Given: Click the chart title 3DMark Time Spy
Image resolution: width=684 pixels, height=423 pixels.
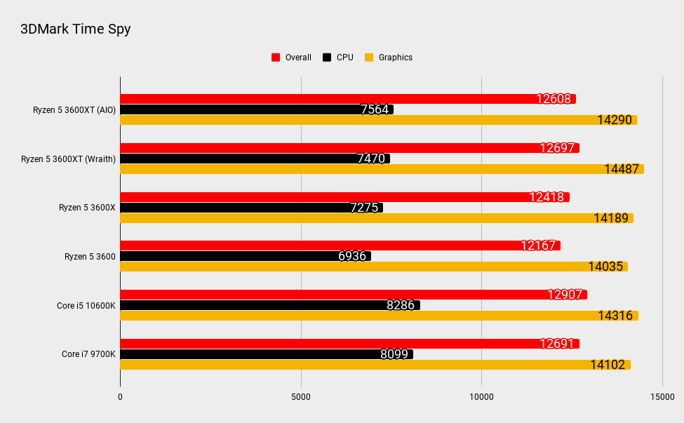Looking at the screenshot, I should (76, 29).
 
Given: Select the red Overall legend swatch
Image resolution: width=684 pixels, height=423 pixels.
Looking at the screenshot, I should (276, 58).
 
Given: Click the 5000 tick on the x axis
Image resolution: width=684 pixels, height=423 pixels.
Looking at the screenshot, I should (301, 397).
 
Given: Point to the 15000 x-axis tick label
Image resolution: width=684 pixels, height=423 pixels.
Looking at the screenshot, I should (662, 397).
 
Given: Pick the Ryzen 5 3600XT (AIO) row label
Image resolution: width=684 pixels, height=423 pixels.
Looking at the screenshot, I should (74, 109).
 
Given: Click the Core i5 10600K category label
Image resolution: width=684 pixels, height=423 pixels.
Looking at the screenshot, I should (86, 305).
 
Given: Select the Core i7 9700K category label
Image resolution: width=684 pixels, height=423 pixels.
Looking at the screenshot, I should (88, 354).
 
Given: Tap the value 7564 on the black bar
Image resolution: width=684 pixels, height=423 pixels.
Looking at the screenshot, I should (375, 109).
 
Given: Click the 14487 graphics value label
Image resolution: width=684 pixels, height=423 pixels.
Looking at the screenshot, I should (621, 169).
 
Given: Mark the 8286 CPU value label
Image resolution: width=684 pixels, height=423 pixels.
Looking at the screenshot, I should (401, 305).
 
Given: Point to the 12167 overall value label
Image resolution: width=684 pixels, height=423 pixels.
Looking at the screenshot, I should (538, 246).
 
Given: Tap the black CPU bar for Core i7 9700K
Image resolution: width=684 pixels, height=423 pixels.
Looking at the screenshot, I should (266, 354).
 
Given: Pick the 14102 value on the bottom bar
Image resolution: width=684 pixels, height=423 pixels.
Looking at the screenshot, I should (608, 365).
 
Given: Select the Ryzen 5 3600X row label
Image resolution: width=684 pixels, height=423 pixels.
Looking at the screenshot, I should (87, 208).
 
